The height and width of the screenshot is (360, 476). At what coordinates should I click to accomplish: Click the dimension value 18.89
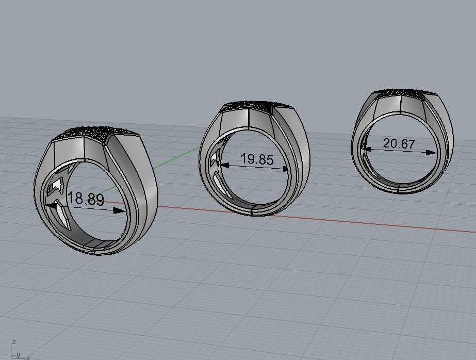[x=86, y=199]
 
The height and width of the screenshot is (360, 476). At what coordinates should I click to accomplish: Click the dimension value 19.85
[x=257, y=159]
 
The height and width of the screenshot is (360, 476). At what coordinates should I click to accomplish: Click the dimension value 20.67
[x=399, y=143]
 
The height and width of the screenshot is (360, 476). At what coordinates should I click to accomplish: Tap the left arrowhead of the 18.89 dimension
[x=51, y=206]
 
